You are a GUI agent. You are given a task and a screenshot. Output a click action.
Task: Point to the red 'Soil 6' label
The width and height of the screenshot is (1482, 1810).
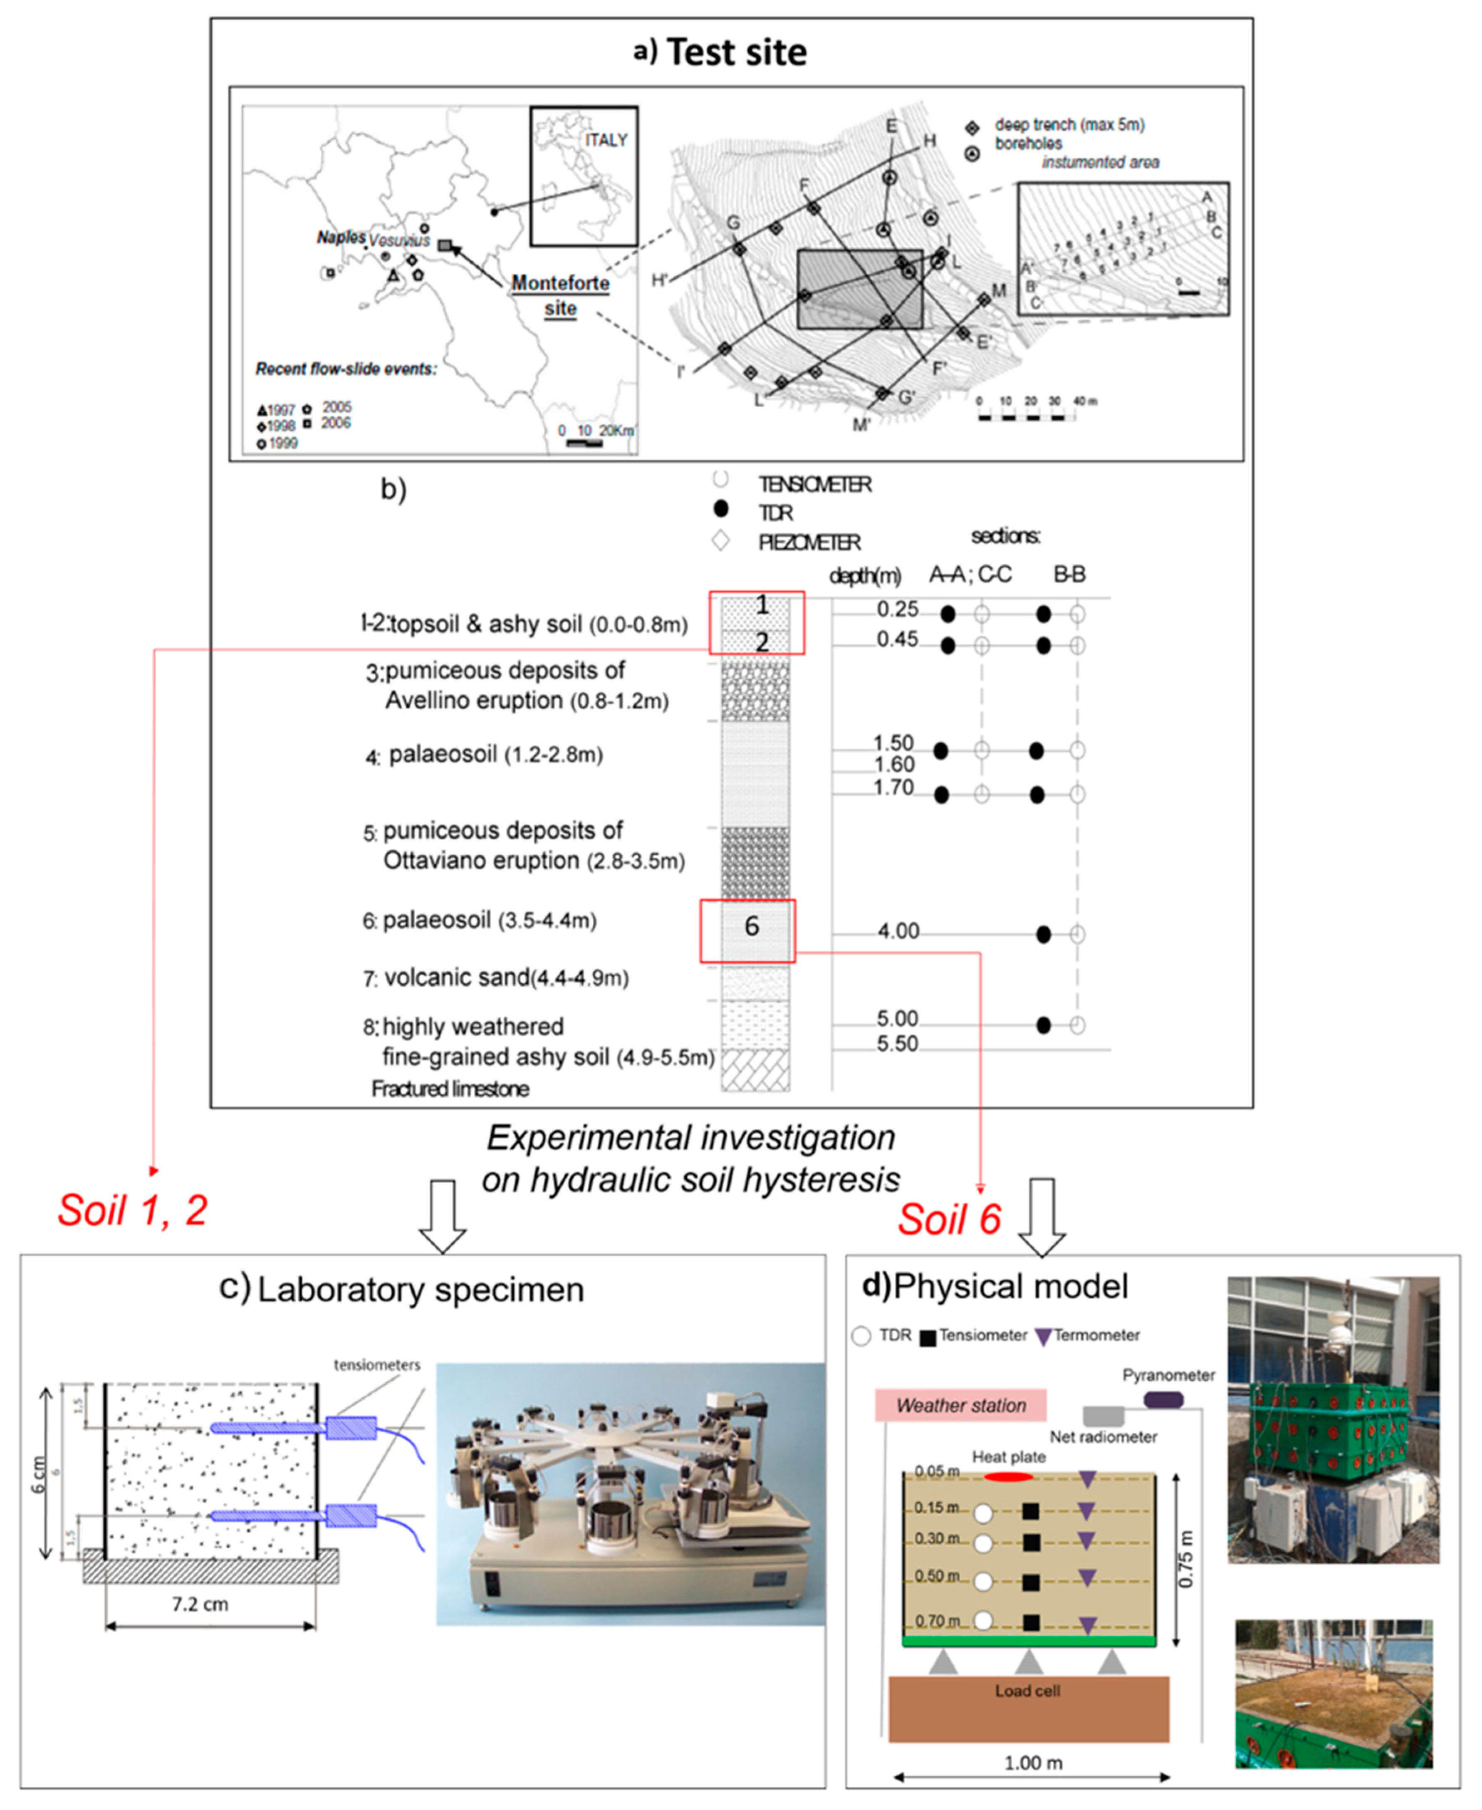[x=948, y=1219]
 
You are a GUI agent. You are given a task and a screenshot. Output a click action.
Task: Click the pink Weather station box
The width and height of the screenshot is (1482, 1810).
[x=960, y=1405]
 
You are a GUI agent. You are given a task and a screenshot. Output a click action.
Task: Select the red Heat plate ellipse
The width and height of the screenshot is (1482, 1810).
[x=1007, y=1476]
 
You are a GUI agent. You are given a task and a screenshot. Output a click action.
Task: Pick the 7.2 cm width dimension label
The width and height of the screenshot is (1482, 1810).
[x=200, y=1604]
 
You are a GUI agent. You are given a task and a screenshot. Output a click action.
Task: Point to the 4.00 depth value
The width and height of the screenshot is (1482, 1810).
[x=898, y=931]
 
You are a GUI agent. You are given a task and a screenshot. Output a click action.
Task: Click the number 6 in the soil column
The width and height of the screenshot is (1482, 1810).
[x=751, y=926]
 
